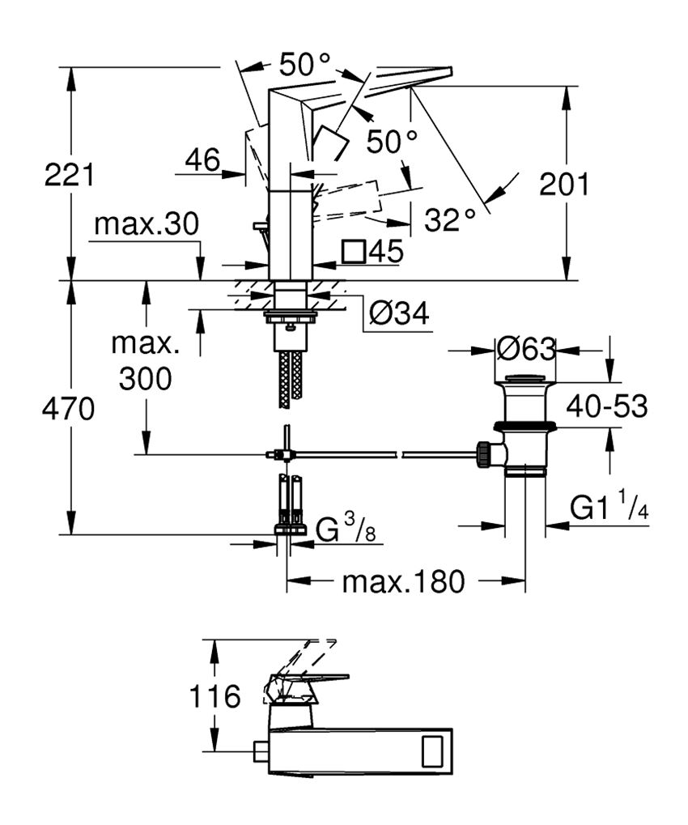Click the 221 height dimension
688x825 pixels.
tap(70, 175)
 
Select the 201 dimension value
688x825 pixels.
tap(564, 185)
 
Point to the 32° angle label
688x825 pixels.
tap(449, 219)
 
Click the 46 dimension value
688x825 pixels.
tap(202, 160)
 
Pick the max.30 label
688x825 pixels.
tap(146, 224)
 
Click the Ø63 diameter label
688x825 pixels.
tap(526, 350)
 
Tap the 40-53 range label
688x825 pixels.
tap(606, 407)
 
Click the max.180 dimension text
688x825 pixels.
tap(404, 580)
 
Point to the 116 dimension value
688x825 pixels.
tap(215, 695)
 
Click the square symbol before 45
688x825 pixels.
tap(354, 252)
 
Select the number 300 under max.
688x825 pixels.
tap(146, 378)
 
